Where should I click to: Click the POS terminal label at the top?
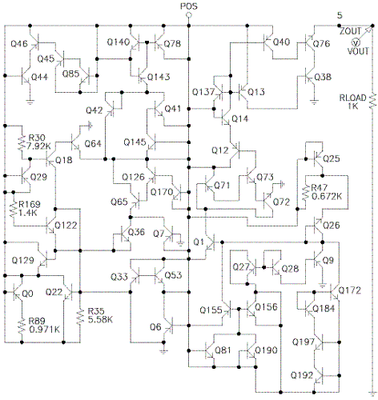point(189,6)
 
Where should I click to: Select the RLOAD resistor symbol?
point(372,101)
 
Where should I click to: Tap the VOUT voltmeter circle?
point(356,42)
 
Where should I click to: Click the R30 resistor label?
point(37,138)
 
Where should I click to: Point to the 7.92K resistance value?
point(39,146)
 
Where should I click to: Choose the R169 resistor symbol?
point(13,210)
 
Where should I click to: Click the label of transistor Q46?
point(19,43)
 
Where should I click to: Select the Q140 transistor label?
point(119,42)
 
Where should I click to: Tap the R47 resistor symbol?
point(305,193)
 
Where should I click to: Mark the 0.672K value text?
point(327,196)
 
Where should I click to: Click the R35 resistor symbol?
point(80,317)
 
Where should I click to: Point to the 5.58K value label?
point(100,319)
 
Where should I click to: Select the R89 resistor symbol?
point(22,326)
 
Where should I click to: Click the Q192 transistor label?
point(302,375)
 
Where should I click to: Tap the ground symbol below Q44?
point(30,102)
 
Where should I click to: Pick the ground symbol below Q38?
point(314,102)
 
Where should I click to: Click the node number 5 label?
point(340,15)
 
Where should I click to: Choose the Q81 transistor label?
point(223,350)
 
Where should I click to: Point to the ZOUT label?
point(350,31)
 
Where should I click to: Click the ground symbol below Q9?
point(323,286)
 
